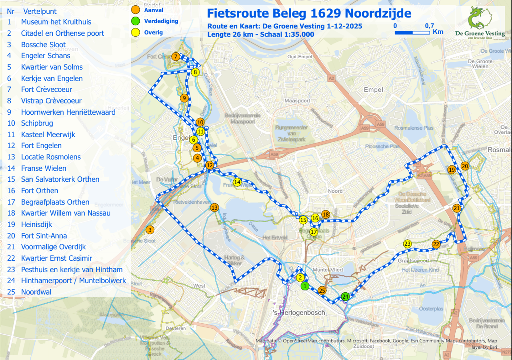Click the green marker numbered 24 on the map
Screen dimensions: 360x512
[x=345, y=296]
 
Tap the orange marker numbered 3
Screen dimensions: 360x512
[x=150, y=230]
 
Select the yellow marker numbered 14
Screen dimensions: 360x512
[x=237, y=182]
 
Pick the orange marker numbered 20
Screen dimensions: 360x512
[x=465, y=166]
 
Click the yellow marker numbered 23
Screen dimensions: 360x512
[x=407, y=244]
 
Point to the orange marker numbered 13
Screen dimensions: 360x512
[x=215, y=207]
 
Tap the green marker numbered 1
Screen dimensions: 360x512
[x=304, y=286]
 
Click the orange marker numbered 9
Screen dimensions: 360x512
[x=184, y=98]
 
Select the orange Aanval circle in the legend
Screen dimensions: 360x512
[x=135, y=10]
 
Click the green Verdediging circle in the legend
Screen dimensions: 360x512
[x=135, y=21]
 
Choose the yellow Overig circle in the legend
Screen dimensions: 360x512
[x=135, y=33]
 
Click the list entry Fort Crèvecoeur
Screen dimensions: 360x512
[x=46, y=90]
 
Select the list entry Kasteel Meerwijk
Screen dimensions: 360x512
[x=48, y=135]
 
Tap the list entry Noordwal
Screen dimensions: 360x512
[x=36, y=292]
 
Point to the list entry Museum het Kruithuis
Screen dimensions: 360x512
[x=56, y=22]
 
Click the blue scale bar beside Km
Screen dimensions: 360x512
[x=412, y=32]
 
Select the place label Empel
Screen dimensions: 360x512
[x=373, y=90]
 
